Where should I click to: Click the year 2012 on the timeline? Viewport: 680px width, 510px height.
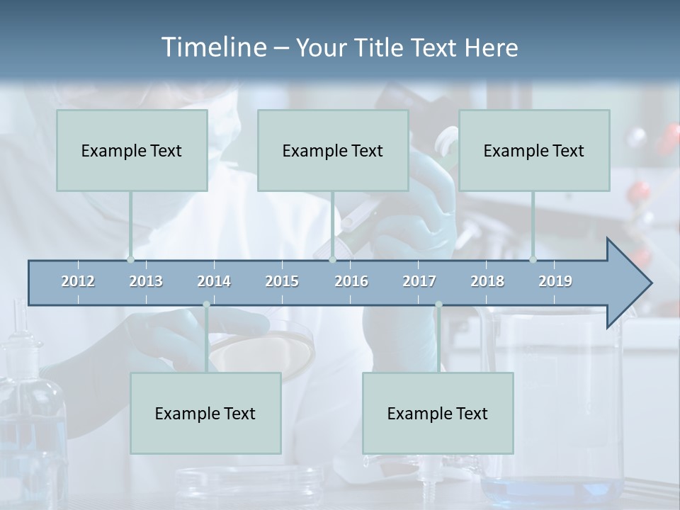78,281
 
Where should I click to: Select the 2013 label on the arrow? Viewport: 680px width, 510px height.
146,281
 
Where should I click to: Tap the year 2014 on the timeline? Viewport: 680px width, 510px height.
214,281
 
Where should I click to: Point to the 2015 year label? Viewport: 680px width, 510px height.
282,281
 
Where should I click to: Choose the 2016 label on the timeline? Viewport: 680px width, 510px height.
351,281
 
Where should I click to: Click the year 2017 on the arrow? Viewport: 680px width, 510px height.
419,281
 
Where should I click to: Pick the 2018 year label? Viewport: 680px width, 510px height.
487,281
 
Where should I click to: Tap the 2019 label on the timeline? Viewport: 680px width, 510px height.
555,281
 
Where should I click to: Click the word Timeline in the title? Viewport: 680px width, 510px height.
212,47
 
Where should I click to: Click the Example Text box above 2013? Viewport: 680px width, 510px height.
132,150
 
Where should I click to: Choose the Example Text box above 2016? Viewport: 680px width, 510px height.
333,150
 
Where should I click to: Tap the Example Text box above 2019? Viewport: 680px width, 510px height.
534,150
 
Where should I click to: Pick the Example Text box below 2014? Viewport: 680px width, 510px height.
205,413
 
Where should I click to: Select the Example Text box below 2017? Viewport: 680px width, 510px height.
438,413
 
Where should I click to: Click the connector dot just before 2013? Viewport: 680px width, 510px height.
130,259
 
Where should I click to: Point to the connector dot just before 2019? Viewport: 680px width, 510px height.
533,259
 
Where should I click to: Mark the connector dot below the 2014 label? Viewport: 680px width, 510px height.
206,305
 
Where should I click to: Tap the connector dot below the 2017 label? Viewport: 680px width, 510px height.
438,305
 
